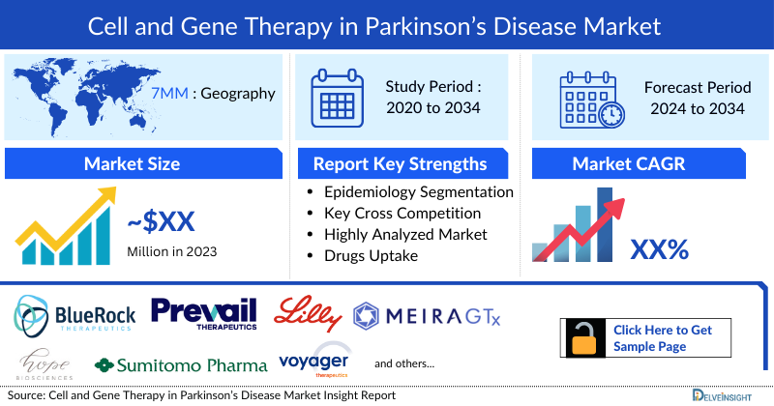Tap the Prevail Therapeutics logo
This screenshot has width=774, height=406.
pyautogui.click(x=204, y=313)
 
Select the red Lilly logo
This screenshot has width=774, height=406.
pyautogui.click(x=307, y=312)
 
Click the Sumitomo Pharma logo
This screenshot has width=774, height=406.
pyautogui.click(x=181, y=365)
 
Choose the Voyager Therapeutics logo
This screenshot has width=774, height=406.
pyautogui.click(x=314, y=362)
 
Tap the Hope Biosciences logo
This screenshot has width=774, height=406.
pyautogui.click(x=43, y=364)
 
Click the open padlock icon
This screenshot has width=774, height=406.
pyautogui.click(x=583, y=337)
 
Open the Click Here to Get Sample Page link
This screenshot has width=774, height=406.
pyautogui.click(x=663, y=337)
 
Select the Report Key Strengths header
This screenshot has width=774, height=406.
pyautogui.click(x=400, y=163)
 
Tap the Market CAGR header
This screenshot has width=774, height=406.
pyautogui.click(x=641, y=163)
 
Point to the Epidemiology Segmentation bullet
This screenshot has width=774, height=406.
pyautogui.click(x=418, y=191)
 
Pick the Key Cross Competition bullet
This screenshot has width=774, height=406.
pyautogui.click(x=402, y=213)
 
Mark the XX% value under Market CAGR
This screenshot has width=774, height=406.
pyautogui.click(x=659, y=249)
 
